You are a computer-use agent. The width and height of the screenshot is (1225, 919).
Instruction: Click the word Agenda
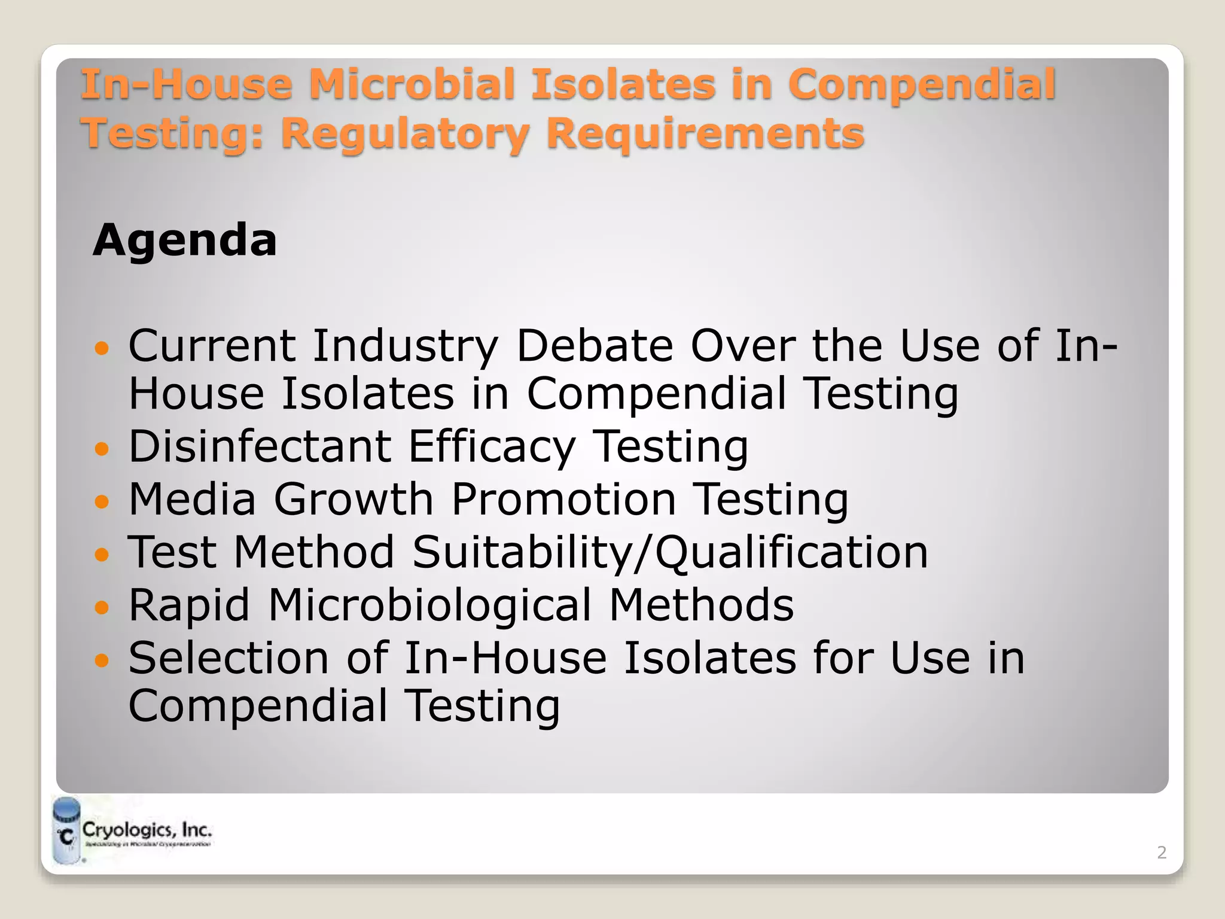pyautogui.click(x=185, y=241)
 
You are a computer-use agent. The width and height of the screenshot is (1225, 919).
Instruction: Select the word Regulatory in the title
pyautogui.click(x=405, y=133)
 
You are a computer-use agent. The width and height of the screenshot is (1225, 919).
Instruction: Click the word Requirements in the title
pyautogui.click(x=705, y=133)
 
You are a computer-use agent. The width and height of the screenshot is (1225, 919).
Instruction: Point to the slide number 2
pyautogui.click(x=1162, y=853)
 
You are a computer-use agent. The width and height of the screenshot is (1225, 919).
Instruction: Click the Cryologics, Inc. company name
pyautogui.click(x=147, y=830)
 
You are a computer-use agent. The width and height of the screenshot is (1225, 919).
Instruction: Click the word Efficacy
pyautogui.click(x=492, y=446)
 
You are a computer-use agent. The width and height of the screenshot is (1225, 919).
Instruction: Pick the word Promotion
pyautogui.click(x=563, y=499)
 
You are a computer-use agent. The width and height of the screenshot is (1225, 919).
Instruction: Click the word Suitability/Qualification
pyautogui.click(x=670, y=552)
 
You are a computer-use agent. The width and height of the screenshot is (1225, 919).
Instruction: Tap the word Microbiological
pyautogui.click(x=429, y=605)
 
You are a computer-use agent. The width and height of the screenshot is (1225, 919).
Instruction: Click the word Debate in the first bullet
pyautogui.click(x=595, y=346)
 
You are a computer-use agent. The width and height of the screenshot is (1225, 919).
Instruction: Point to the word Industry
pyautogui.click(x=405, y=346)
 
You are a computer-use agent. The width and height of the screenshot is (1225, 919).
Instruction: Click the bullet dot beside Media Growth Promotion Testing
pyautogui.click(x=103, y=501)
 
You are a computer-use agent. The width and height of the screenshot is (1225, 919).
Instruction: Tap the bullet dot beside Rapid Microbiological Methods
pyautogui.click(x=103, y=607)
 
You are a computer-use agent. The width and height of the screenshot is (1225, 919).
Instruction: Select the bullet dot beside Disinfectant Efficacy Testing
pyautogui.click(x=103, y=449)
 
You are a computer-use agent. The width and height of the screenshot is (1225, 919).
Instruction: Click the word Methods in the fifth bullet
pyautogui.click(x=701, y=605)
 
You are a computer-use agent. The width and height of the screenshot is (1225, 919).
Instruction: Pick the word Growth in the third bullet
pyautogui.click(x=353, y=499)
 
